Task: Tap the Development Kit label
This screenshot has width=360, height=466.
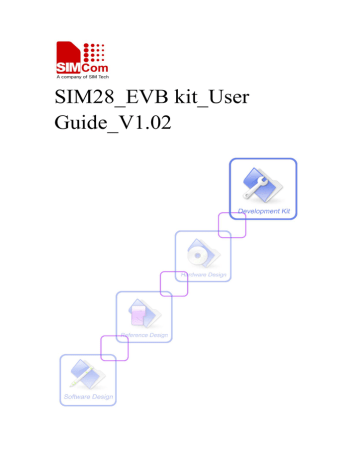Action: (x=263, y=212)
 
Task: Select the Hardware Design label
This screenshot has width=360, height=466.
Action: (x=203, y=273)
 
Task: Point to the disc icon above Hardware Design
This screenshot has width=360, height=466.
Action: (x=202, y=250)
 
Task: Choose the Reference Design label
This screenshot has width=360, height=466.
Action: (x=144, y=333)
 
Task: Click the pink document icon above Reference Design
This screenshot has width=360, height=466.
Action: (x=143, y=312)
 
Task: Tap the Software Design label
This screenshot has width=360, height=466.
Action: (x=87, y=396)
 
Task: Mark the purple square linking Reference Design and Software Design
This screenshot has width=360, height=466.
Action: (x=112, y=345)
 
